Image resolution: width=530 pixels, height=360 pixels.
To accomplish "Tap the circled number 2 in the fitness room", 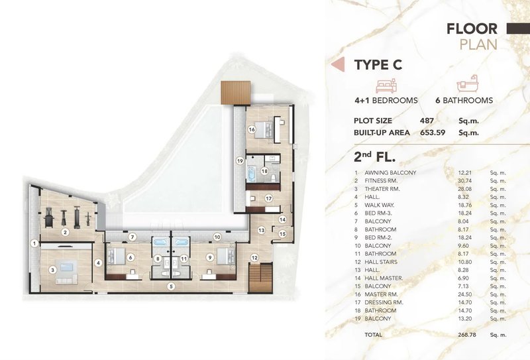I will pos(65,232).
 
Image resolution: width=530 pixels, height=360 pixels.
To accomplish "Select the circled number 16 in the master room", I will pos(252,131).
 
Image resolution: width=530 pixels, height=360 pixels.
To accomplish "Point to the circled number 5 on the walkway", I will pos(170,286).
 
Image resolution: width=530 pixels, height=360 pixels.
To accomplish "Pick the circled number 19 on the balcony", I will pos(240,160).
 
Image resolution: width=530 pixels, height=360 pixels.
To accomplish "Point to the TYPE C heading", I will pos(378,65).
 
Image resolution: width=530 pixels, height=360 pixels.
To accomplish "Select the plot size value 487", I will pos(428,121).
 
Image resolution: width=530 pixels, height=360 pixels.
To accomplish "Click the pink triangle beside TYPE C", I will pos(337,65).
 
